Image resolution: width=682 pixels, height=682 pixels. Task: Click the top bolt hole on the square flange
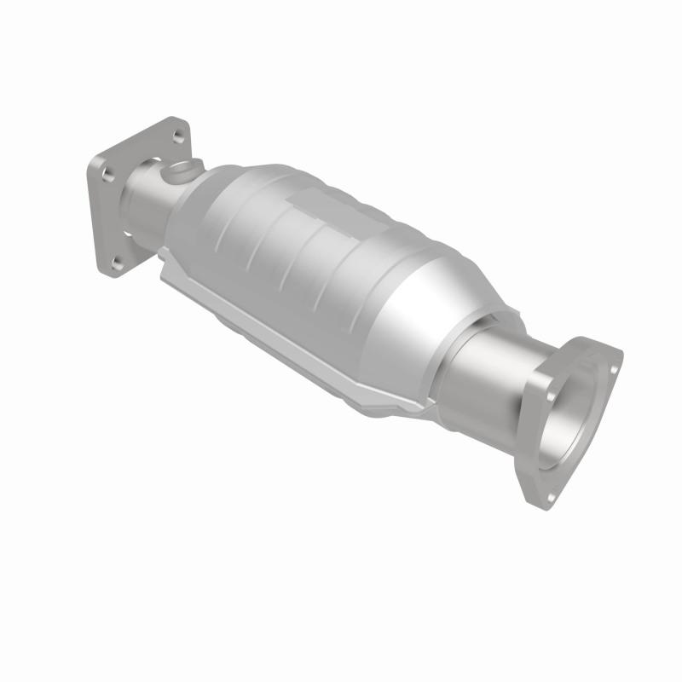[177, 136]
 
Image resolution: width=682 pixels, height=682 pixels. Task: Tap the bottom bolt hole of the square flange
[117, 260]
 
